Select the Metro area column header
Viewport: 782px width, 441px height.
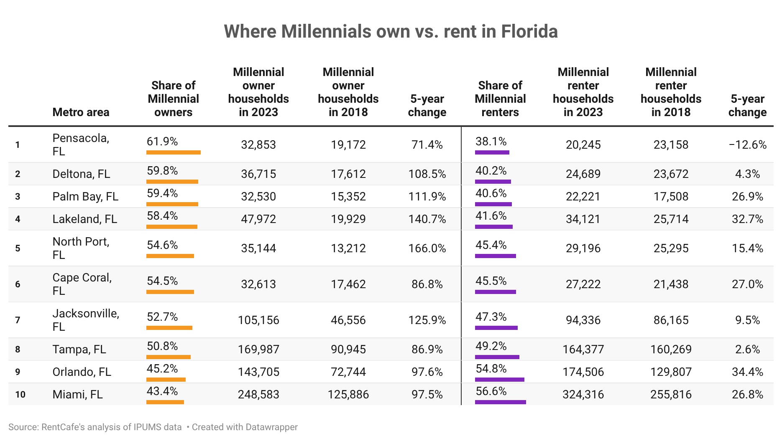pyautogui.click(x=81, y=112)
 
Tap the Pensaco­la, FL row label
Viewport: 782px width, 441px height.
pyautogui.click(x=81, y=144)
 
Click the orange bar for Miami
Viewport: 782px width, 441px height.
pyautogui.click(x=165, y=402)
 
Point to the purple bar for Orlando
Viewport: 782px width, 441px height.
pyautogui.click(x=500, y=380)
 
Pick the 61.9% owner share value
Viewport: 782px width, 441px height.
pyautogui.click(x=162, y=142)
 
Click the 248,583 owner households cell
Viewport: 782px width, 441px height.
pyautogui.click(x=258, y=394)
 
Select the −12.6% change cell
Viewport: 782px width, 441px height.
pyautogui.click(x=747, y=144)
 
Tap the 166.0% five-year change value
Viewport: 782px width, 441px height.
pyautogui.click(x=427, y=248)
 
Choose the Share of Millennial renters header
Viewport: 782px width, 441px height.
pyautogui.click(x=500, y=99)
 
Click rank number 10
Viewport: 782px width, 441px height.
pyautogui.click(x=20, y=394)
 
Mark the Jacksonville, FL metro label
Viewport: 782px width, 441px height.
pyautogui.click(x=86, y=320)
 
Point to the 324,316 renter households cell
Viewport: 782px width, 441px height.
pyautogui.click(x=583, y=394)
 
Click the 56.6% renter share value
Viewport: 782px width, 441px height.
pyautogui.click(x=491, y=391)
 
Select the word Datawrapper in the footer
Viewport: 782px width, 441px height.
pyautogui.click(x=272, y=427)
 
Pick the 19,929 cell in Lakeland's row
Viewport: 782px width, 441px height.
pyautogui.click(x=348, y=219)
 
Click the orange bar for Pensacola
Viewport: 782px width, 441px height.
pyautogui.click(x=174, y=152)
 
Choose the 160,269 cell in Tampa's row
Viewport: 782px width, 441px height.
pyautogui.click(x=671, y=349)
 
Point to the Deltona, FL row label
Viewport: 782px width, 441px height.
pyautogui.click(x=81, y=174)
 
